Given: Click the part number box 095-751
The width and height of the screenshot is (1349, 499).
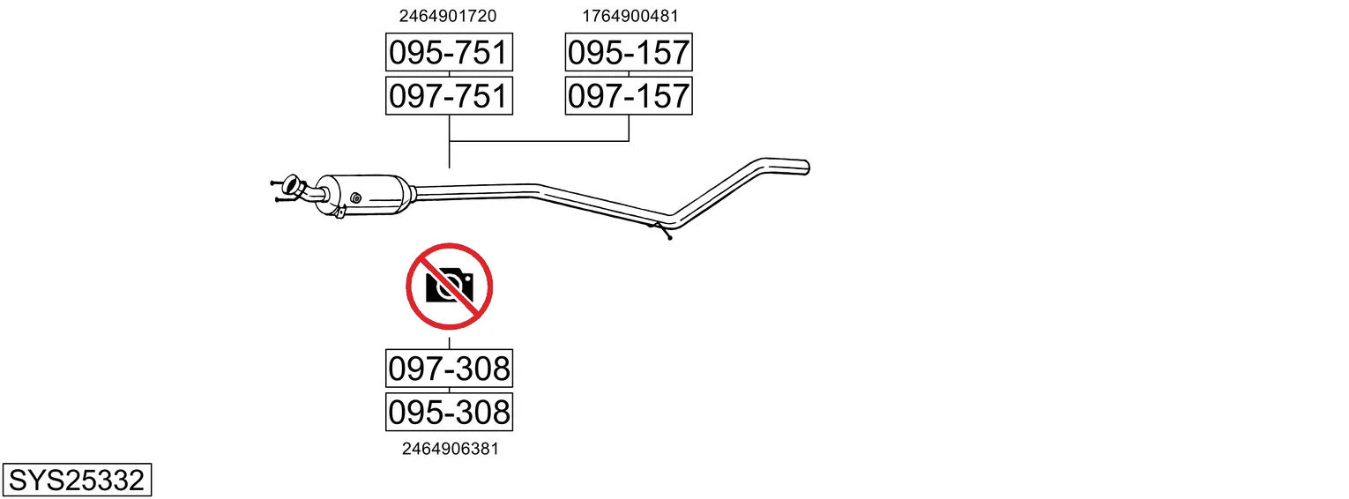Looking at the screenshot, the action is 450,52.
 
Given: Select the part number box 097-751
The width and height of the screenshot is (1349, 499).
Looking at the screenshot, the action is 450,96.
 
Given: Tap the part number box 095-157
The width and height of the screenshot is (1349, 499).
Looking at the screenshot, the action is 629,52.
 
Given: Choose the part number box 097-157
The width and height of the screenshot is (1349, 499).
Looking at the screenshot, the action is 629,96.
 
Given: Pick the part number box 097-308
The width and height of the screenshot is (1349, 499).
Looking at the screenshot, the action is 450,369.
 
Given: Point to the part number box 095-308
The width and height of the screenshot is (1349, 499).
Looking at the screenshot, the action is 450,412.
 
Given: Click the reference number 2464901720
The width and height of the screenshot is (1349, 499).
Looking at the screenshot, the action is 448,16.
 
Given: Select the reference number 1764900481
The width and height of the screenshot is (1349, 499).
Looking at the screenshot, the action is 630,16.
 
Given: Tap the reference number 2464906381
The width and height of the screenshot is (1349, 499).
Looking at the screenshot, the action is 451,449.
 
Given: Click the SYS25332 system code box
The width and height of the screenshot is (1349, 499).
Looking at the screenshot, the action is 77,480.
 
